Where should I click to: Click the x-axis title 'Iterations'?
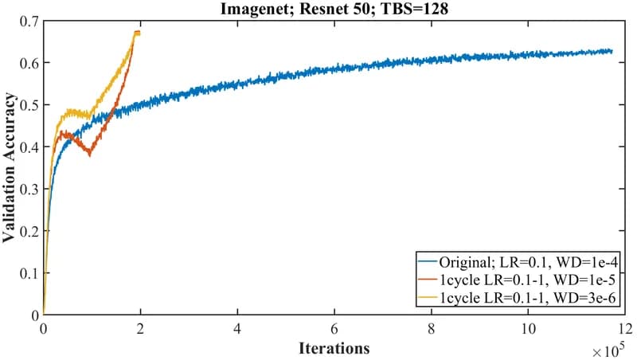tap(334, 348)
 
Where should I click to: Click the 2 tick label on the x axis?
tap(140, 328)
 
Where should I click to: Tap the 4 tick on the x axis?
tap(237, 328)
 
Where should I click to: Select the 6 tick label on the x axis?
tap(334, 328)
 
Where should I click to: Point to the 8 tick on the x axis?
tap(432, 328)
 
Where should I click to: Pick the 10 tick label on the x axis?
tap(528, 328)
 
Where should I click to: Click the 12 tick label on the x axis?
tap(625, 328)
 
